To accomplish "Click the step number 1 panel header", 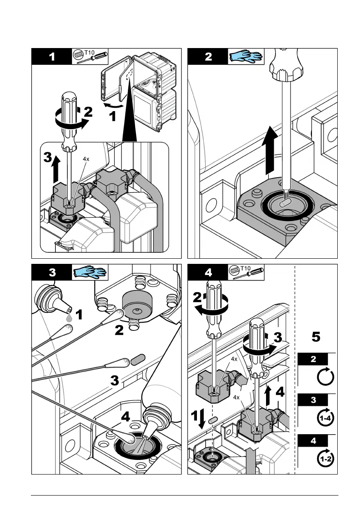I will coord(51,57).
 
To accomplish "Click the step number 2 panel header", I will coord(208,57).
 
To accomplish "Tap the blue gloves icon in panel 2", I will coord(245,56).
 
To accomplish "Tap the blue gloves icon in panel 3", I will coord(90,272).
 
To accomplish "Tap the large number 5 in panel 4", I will coord(315,338).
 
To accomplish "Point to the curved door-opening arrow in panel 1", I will coord(113,104).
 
